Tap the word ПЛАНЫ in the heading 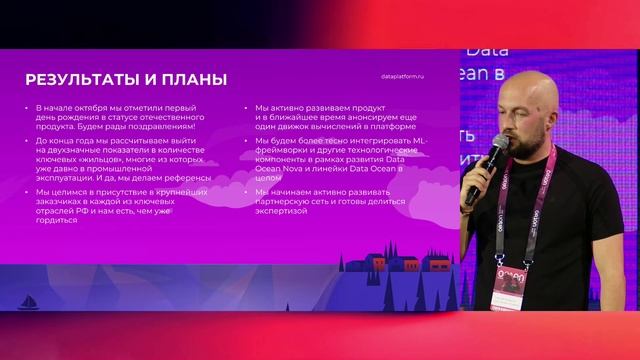pyautogui.click(x=192, y=80)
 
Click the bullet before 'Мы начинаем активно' pyautogui.click(x=245, y=191)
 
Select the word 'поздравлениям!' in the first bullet pyautogui.click(x=162, y=126)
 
